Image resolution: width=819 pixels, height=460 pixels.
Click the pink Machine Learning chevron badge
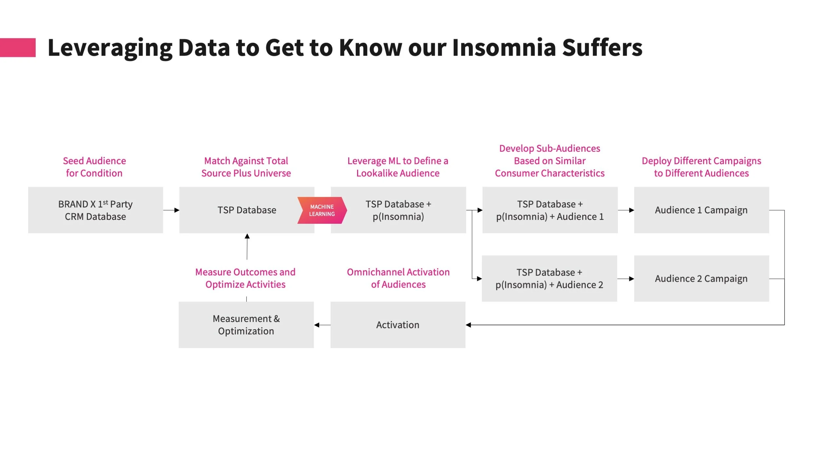point(322,210)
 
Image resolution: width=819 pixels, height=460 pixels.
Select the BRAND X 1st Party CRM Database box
point(95,210)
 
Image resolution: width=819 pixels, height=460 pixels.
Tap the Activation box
point(398,325)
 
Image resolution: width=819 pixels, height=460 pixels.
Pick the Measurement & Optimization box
point(246,325)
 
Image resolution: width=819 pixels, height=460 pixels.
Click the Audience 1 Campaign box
point(701,210)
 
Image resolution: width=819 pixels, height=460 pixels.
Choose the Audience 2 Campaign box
point(701,279)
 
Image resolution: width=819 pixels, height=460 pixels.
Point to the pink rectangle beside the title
point(18,48)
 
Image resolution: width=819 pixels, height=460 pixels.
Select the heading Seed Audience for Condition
point(94,167)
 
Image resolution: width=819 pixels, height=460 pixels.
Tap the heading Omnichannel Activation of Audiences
point(398,278)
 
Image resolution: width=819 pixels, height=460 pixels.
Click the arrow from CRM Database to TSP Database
point(171,210)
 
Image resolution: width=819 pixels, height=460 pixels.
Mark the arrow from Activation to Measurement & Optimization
point(322,325)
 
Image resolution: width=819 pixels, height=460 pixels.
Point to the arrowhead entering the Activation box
point(468,325)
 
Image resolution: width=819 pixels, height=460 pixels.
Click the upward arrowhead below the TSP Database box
point(247,236)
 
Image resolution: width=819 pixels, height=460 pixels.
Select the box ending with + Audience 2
point(549,279)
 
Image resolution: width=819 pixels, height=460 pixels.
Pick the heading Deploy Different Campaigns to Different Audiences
point(701,167)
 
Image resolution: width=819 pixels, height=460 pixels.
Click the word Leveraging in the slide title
point(110,48)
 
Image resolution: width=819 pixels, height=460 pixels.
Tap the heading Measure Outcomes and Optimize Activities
point(245,278)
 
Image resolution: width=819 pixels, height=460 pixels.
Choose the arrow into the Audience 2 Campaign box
point(626,279)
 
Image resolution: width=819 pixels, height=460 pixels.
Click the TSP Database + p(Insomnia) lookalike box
point(398,210)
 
